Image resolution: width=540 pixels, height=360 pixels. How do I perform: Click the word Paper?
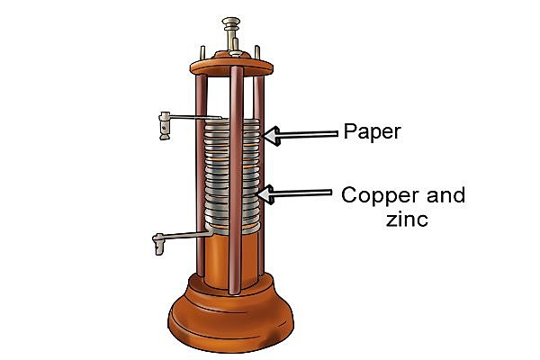click(x=372, y=132)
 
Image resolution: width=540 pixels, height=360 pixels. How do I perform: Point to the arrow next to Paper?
click(x=301, y=135)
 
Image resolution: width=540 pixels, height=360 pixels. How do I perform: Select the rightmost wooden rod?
click(x=263, y=180)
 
